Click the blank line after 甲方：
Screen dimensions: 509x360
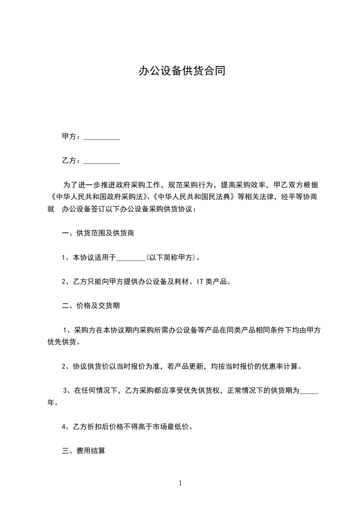pos(102,137)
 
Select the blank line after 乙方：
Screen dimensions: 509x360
pos(102,161)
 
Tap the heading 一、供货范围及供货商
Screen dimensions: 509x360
pos(98,234)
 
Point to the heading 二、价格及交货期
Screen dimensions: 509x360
pos(91,306)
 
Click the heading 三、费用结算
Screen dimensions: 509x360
pos(84,451)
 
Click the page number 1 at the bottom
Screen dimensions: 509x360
pos(180,484)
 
